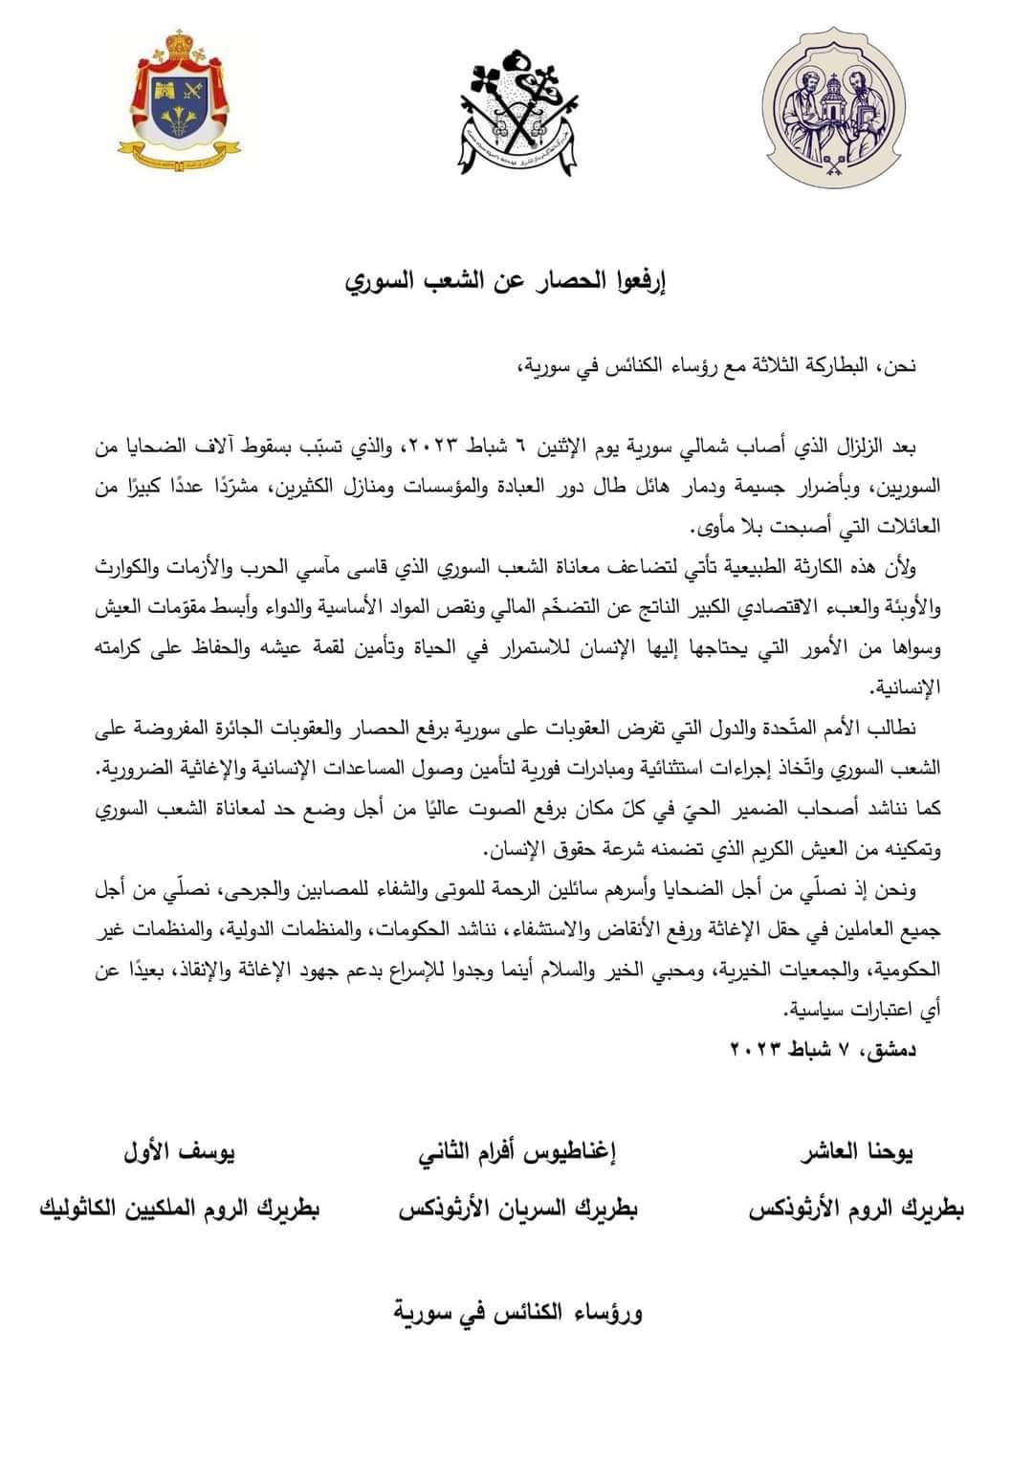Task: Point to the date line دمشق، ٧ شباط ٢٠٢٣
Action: pyautogui.click(x=823, y=1050)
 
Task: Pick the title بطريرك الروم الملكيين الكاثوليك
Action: pyautogui.click(x=179, y=1210)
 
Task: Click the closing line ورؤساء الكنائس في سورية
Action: pyautogui.click(x=517, y=1311)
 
